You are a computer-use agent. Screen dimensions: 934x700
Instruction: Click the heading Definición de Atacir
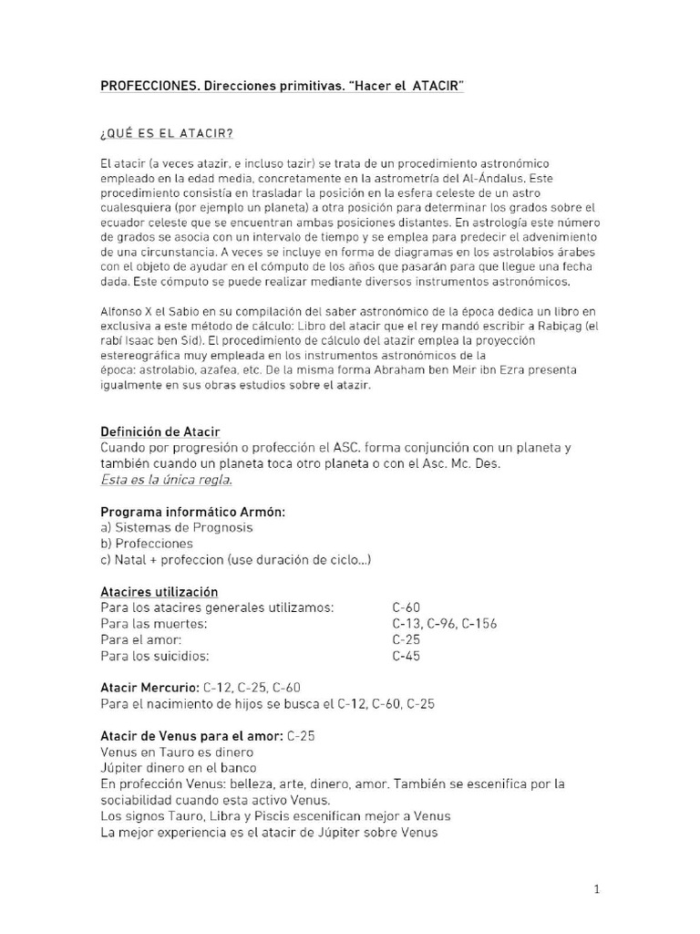coord(160,431)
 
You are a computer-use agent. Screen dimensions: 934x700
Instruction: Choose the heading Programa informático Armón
coord(193,512)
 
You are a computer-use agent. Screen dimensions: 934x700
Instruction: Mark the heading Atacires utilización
coord(160,591)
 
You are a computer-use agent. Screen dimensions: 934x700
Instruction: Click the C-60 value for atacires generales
coord(407,607)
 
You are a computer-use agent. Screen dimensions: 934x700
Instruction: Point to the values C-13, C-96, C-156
coord(444,623)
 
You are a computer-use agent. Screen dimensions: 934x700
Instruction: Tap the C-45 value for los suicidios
coord(406,655)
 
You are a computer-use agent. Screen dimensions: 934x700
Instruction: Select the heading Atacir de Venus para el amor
coord(191,735)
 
